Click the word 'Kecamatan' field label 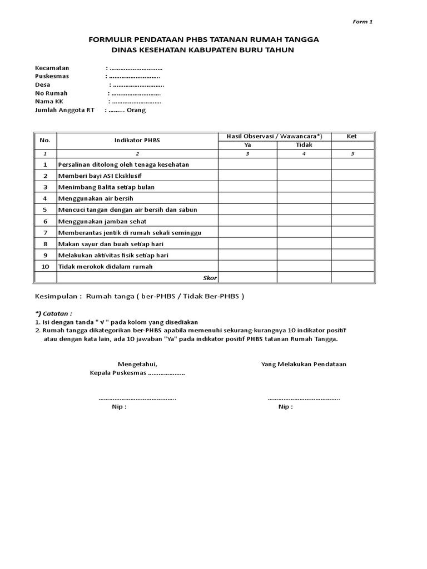point(52,67)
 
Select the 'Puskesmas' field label point(51,76)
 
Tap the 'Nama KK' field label point(48,102)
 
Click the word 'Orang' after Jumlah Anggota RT point(136,110)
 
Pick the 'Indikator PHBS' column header point(137,141)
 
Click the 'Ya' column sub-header point(248,144)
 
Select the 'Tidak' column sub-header point(304,144)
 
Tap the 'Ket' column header point(351,136)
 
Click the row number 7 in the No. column point(46,232)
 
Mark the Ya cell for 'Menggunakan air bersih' point(248,198)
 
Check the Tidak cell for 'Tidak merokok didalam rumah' point(304,266)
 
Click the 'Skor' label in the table point(210,277)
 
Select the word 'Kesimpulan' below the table point(56,296)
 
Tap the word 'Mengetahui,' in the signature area point(137,364)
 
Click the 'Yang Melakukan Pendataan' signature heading point(304,364)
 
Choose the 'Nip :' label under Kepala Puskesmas point(119,407)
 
